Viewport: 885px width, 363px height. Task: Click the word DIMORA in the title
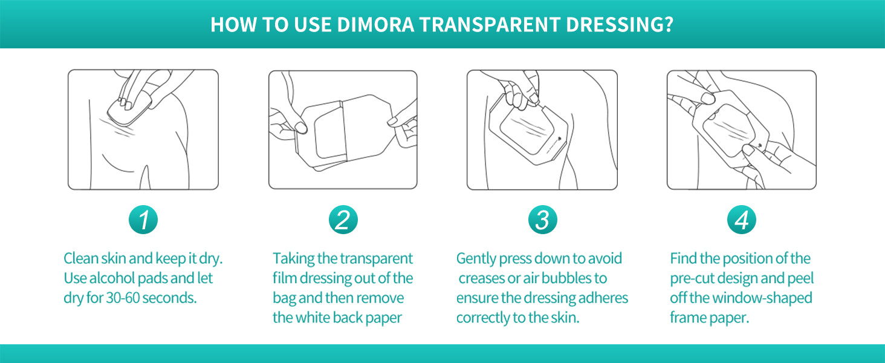(x=376, y=25)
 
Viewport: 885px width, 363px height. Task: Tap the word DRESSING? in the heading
(x=620, y=25)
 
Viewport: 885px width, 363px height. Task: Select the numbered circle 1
(x=143, y=220)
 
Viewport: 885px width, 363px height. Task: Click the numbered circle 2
(x=343, y=220)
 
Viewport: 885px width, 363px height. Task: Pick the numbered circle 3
(x=542, y=220)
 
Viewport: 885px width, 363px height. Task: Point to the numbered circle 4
(x=742, y=220)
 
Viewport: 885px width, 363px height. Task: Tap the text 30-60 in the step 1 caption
(x=123, y=298)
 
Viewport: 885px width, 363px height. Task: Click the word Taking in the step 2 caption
(x=293, y=259)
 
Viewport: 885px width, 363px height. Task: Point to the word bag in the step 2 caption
(x=284, y=298)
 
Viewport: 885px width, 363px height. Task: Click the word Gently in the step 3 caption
(x=476, y=259)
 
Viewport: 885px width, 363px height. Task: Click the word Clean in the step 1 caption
(x=80, y=258)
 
